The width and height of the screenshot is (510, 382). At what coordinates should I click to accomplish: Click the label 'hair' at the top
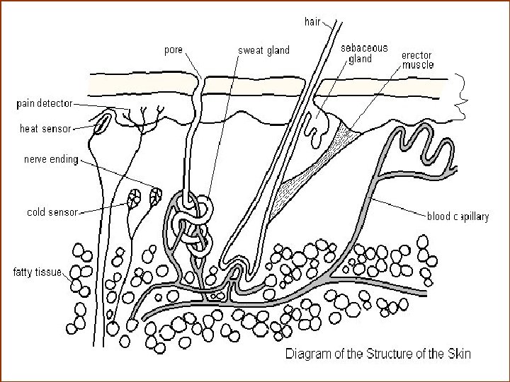[313, 21]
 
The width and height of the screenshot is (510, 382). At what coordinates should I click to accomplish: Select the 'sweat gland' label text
[263, 50]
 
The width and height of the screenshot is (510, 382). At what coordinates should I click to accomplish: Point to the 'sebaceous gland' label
[364, 53]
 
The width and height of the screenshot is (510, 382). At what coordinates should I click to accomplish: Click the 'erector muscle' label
[418, 59]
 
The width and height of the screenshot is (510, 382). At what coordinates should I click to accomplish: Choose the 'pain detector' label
[44, 103]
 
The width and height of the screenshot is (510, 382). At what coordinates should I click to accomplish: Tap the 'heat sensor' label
[45, 129]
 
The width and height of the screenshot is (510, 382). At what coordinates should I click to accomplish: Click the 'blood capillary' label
[457, 217]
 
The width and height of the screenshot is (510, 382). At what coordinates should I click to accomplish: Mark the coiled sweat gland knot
[193, 223]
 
